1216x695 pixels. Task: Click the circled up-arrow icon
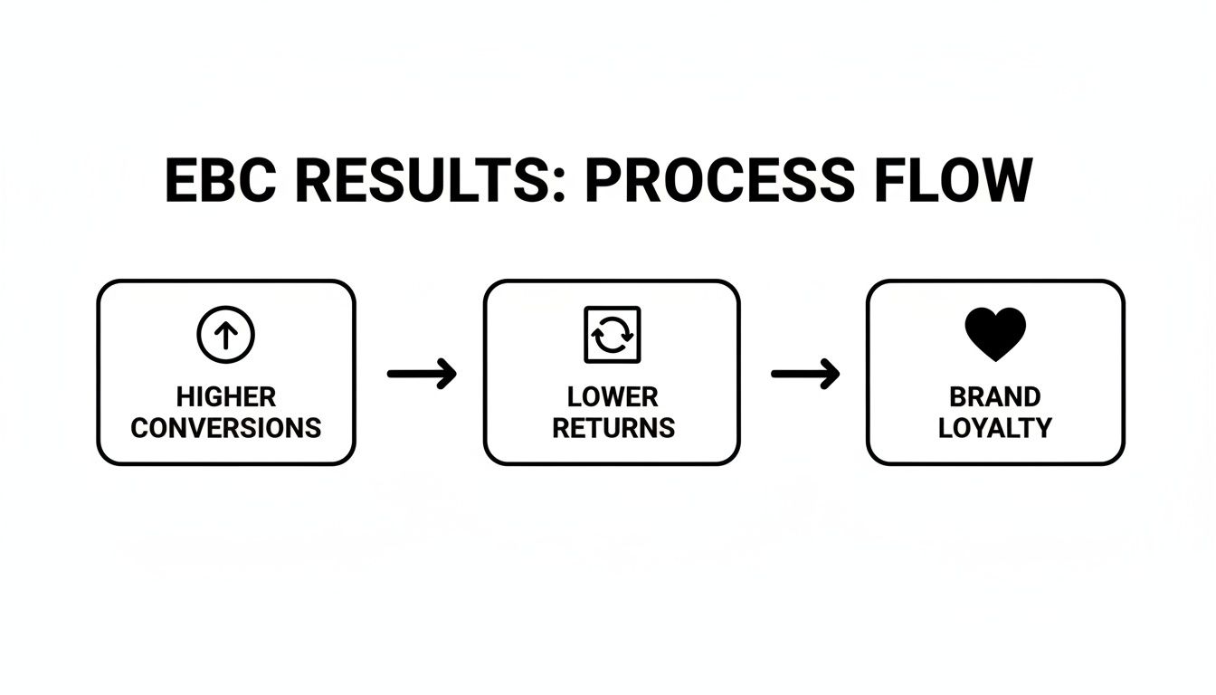coord(226,335)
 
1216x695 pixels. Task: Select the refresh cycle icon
coord(613,335)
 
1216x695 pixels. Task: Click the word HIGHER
coord(226,397)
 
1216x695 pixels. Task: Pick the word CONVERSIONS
coord(226,427)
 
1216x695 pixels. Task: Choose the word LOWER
coord(613,397)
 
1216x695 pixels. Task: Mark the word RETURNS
coord(613,427)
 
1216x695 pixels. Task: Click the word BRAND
coord(995,397)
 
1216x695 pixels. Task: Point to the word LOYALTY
coord(995,427)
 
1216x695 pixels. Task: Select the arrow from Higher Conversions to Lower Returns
coord(422,374)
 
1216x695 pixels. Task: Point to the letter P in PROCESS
coord(603,181)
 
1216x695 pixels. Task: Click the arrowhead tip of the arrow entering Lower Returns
coord(453,374)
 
